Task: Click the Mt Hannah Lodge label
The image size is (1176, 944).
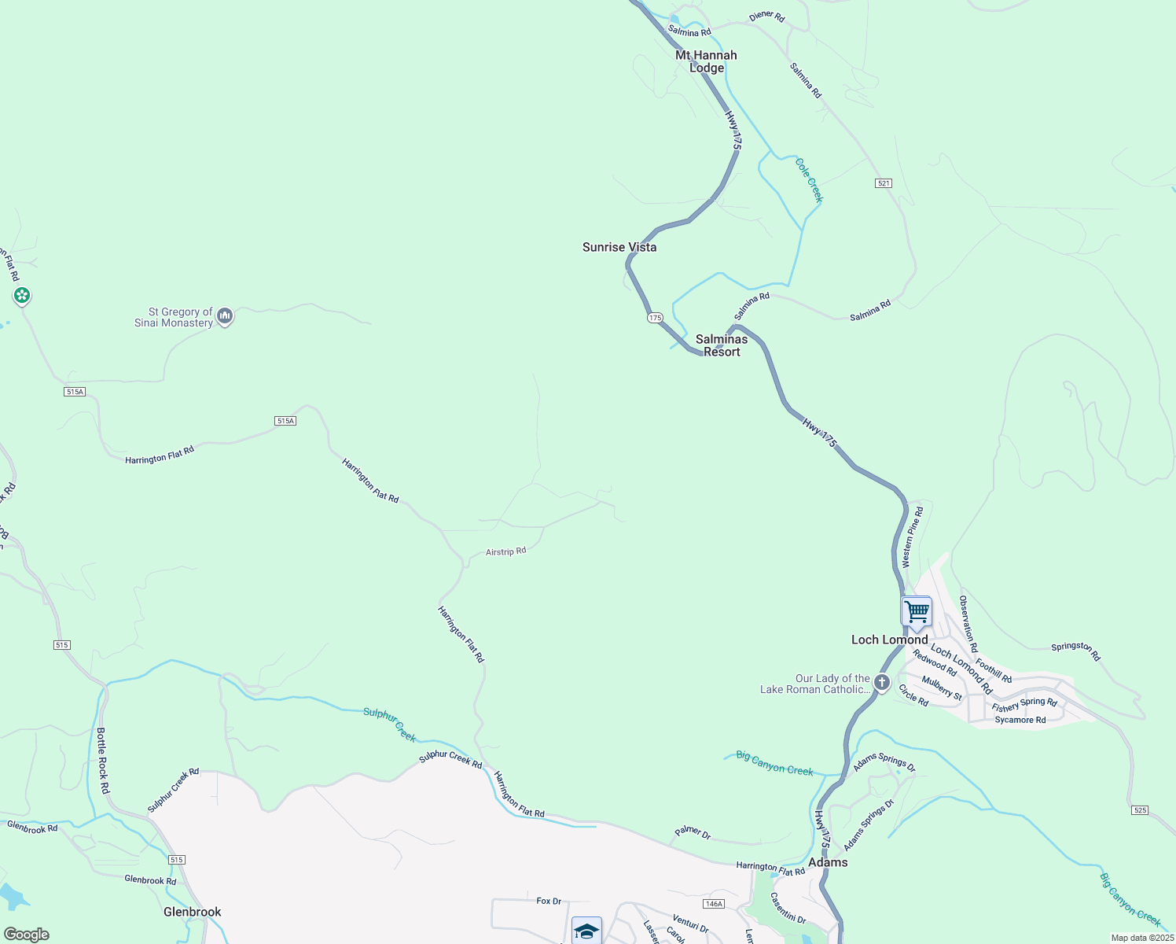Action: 707,61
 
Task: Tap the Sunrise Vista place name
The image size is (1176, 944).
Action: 619,247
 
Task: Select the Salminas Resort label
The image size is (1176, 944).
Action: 722,345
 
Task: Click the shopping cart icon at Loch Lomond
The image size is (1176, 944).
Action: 917,611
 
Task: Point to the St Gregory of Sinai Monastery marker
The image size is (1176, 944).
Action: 225,317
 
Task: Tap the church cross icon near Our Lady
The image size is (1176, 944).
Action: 882,683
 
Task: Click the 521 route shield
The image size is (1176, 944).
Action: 884,183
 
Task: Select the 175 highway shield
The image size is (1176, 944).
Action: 655,318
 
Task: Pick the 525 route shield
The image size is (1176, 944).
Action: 1141,810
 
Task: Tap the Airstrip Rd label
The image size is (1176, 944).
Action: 505,552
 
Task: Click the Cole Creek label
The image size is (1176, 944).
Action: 809,180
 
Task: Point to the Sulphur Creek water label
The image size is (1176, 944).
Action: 390,724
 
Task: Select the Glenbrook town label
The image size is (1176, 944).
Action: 193,912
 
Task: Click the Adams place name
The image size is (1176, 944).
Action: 829,862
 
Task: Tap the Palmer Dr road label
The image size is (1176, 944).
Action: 693,833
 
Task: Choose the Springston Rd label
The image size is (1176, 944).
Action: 1076,651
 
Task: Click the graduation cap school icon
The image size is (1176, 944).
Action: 586,931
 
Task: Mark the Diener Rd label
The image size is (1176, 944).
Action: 766,17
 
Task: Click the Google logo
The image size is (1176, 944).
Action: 27,935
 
